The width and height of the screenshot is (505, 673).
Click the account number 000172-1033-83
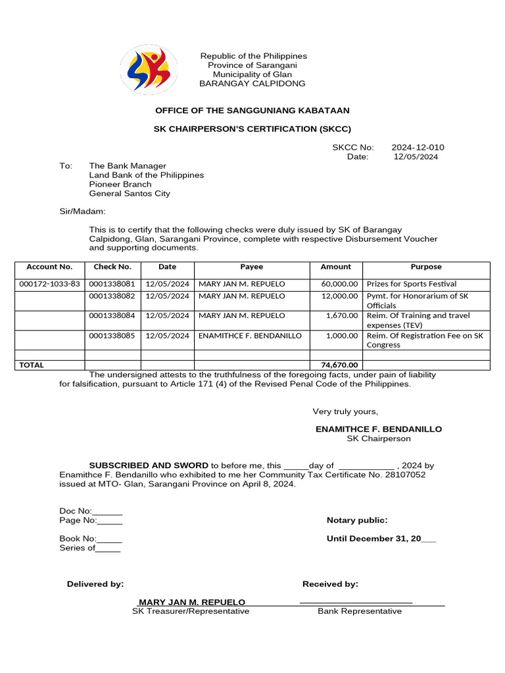click(x=50, y=284)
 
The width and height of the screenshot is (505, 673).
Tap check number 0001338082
click(x=112, y=296)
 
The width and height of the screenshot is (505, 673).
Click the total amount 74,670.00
click(x=339, y=365)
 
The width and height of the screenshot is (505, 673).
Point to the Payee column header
click(x=251, y=267)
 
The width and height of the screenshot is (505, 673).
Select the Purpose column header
click(x=426, y=267)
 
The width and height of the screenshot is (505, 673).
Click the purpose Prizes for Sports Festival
click(x=411, y=284)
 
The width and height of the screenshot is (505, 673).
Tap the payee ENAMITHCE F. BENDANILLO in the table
click(x=250, y=336)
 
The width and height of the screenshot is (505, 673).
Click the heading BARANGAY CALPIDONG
click(x=252, y=83)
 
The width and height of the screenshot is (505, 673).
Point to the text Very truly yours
click(x=345, y=411)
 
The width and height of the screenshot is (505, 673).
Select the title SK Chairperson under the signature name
click(x=379, y=438)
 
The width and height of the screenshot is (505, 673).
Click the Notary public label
click(x=357, y=521)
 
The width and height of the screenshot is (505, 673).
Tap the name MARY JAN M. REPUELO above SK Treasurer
click(x=191, y=602)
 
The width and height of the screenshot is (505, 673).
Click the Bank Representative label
click(x=360, y=611)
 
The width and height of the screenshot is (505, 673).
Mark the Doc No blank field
click(x=107, y=511)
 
